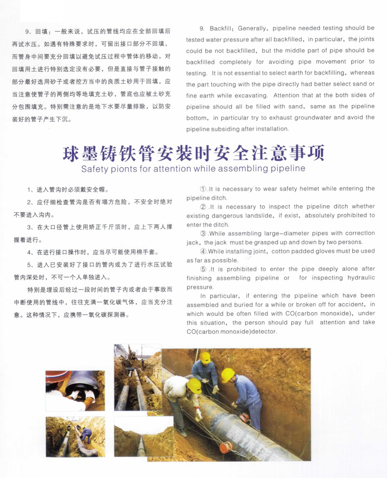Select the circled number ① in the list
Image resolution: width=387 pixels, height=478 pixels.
tap(204, 188)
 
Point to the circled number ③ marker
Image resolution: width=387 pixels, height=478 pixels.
tap(204, 233)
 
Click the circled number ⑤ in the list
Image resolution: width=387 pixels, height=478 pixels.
tap(204, 268)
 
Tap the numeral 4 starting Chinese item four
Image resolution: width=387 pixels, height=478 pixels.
tap(29, 252)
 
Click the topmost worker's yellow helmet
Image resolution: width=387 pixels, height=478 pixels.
tap(205, 357)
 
